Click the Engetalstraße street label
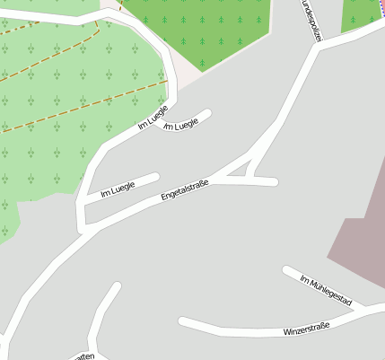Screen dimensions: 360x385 click(185, 189)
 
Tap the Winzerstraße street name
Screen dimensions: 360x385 click(307, 331)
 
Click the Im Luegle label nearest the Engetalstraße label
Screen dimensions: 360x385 click(118, 189)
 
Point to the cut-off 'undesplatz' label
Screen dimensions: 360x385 click(309, 18)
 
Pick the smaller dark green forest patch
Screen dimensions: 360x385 click(361, 13)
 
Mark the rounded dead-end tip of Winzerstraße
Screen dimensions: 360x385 click(183, 321)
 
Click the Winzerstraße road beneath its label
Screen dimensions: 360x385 click(269, 333)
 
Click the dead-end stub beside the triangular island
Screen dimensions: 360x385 click(266, 182)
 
